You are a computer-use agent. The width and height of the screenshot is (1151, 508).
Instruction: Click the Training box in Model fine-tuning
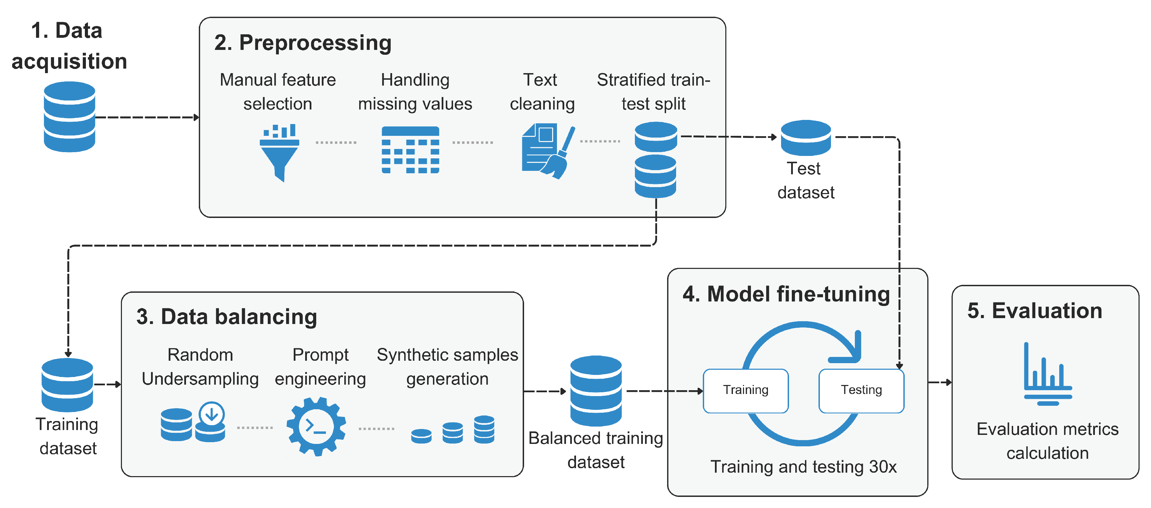point(745,391)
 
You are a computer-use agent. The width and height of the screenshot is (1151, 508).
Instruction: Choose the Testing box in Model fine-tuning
point(861,391)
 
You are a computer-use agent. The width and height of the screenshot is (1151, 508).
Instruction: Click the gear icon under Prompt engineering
point(316,426)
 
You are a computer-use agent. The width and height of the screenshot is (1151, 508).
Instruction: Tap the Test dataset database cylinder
point(806,137)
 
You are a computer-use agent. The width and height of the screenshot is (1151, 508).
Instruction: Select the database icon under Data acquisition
point(69,117)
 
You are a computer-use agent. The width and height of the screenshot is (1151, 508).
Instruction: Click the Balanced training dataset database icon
point(596,391)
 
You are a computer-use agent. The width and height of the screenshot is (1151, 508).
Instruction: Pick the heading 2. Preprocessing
point(302,43)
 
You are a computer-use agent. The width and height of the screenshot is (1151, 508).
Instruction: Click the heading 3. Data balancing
point(227,317)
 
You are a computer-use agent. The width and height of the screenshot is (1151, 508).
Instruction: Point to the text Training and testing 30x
point(803,467)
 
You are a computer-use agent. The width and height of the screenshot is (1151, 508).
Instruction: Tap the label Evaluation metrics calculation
point(1047,441)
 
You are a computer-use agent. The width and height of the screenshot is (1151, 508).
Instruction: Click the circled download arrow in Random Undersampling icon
point(211,414)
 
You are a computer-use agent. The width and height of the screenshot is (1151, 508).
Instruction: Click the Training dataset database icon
point(68,385)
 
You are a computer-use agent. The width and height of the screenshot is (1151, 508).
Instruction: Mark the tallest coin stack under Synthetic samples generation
point(484,429)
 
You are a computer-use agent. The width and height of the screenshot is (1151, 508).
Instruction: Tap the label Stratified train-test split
point(653,92)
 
